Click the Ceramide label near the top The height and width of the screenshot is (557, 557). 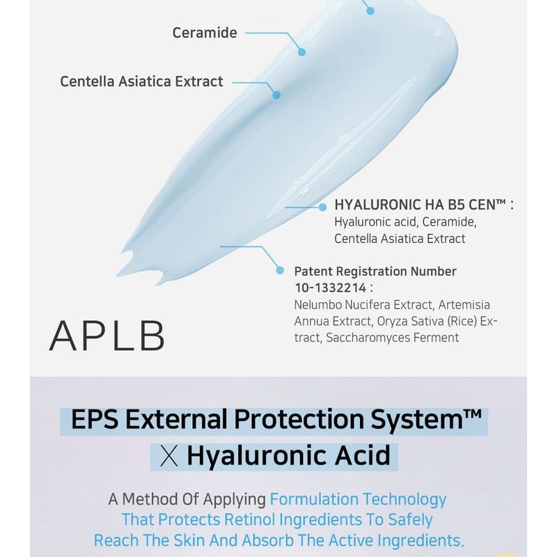205,33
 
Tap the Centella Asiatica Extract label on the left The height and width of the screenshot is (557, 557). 141,81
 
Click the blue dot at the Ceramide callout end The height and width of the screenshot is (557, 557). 301,52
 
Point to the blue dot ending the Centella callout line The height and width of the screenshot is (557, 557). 276,95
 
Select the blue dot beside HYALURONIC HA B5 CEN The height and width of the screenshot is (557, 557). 322,207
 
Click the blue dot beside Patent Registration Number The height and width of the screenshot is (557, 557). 280,271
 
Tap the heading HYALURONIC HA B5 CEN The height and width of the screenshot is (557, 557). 420,205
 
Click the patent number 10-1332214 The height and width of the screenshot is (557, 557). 330,288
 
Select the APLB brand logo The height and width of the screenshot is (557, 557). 107,336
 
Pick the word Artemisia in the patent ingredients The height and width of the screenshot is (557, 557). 464,305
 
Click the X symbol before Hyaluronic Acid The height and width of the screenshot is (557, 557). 169,457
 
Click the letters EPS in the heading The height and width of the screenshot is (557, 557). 95,419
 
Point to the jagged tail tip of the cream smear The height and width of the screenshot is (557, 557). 118,275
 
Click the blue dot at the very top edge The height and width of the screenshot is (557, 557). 370,11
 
